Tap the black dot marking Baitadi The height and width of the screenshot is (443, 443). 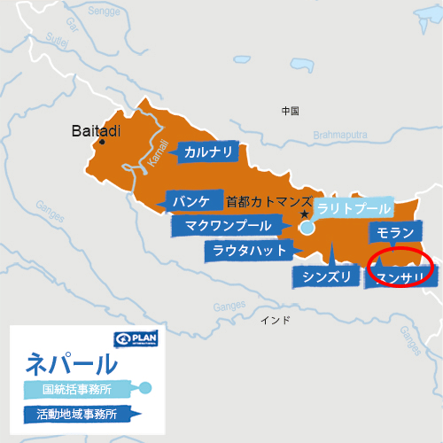pyautogui.click(x=104, y=142)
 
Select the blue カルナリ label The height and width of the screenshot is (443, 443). pyautogui.click(x=209, y=152)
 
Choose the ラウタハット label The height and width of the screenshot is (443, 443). pyautogui.click(x=249, y=251)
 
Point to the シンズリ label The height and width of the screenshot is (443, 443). pyautogui.click(x=327, y=277)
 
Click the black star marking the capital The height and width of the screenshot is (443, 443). pyautogui.click(x=304, y=214)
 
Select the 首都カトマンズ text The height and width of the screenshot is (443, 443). pyautogui.click(x=270, y=200)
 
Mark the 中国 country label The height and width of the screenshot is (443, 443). pyautogui.click(x=290, y=112)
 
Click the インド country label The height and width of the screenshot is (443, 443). pyautogui.click(x=274, y=319)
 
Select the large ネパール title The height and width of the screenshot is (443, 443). pyautogui.click(x=72, y=363)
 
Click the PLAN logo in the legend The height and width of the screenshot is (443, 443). pyautogui.click(x=136, y=339)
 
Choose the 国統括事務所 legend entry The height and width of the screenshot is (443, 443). pyautogui.click(x=78, y=388)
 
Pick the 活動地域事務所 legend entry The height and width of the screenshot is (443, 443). pyautogui.click(x=77, y=413)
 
